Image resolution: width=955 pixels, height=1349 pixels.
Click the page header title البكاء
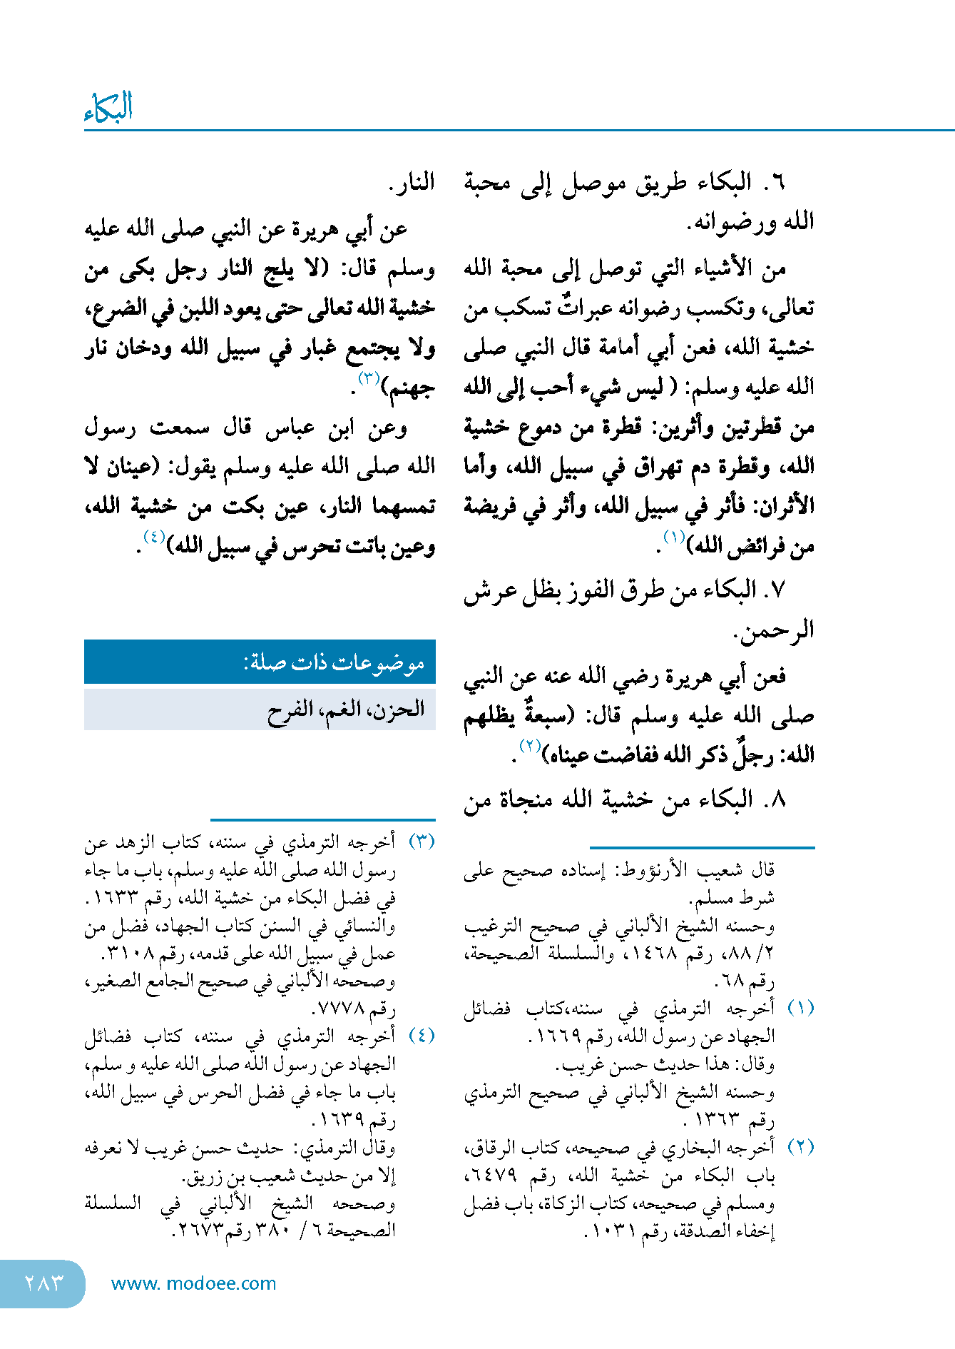pos(108,108)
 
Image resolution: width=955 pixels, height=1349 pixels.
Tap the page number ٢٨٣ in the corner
pos(44,1283)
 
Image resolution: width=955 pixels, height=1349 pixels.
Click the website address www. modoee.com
pos(193,1283)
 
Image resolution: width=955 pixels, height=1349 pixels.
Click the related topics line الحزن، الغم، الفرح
pos(346,709)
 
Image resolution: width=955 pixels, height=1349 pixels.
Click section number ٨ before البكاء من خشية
pos(777,799)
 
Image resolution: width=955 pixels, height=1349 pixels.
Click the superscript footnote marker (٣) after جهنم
pos(369,378)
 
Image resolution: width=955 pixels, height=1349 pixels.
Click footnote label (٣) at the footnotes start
pos(422,841)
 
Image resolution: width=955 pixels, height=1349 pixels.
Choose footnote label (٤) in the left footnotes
pos(422,1035)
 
